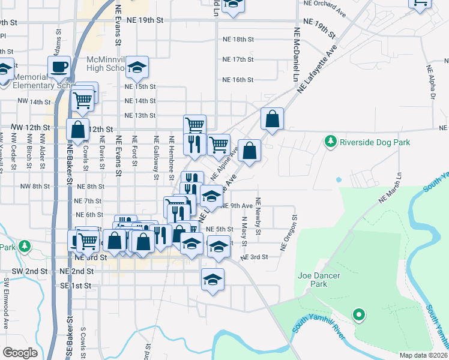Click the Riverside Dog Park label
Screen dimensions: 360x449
(375, 143)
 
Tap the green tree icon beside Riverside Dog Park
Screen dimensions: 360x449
(330, 142)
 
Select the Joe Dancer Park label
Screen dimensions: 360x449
(319, 280)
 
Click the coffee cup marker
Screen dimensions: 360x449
(59, 67)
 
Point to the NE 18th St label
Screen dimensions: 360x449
(238, 40)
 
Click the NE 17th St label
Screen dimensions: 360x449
(238, 60)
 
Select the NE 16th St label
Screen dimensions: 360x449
(238, 80)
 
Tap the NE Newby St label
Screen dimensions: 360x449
(258, 216)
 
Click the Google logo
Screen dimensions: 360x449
(20, 353)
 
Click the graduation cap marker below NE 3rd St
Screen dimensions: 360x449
(212, 280)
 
